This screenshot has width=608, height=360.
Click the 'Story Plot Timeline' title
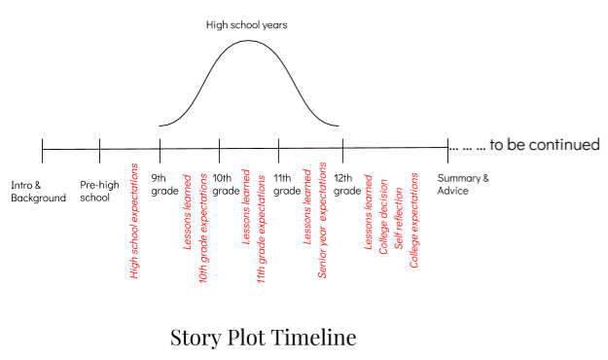point(264,338)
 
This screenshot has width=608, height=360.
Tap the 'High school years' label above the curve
point(247,25)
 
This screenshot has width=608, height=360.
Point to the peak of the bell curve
point(248,40)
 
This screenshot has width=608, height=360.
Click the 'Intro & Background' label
point(38,192)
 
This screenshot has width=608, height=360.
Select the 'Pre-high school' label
point(99,191)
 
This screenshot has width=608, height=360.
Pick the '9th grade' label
point(164,184)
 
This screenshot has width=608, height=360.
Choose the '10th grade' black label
point(226,184)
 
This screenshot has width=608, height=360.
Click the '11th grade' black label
point(287,184)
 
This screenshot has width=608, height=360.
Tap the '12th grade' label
point(347,184)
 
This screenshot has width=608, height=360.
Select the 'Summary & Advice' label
point(463,184)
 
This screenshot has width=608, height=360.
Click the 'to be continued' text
point(545,145)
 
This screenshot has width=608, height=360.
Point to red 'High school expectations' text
point(134,221)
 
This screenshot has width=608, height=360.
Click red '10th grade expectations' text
point(203,228)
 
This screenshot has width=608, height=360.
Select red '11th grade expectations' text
point(262,229)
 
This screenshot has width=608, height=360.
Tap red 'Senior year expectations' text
point(323,220)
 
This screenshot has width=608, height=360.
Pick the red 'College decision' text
point(384,216)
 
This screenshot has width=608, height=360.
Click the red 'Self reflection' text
point(399,218)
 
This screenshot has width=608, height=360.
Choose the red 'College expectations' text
point(414,220)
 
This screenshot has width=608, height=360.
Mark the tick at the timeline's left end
point(42,151)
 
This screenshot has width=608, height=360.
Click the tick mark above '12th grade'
point(342,151)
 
